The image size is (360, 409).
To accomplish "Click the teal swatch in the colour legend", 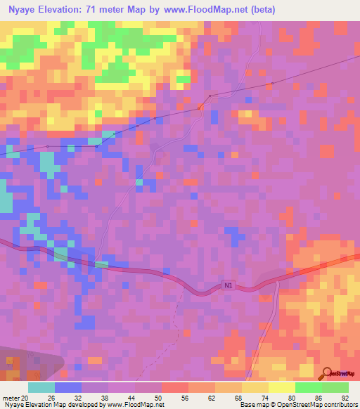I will [41, 387].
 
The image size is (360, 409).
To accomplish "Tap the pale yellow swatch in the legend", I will [281, 387].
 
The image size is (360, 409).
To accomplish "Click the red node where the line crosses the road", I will [200, 108].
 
